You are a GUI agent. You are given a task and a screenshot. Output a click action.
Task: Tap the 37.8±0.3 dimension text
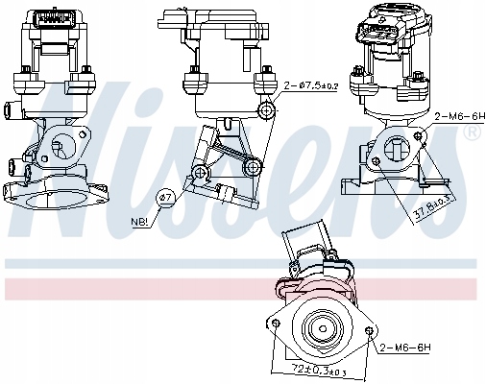(435, 205)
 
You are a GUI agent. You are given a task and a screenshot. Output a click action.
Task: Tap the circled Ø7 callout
(164, 199)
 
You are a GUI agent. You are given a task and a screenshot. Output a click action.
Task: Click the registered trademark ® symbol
(471, 134)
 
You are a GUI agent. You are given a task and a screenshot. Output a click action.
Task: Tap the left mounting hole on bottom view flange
(277, 324)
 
